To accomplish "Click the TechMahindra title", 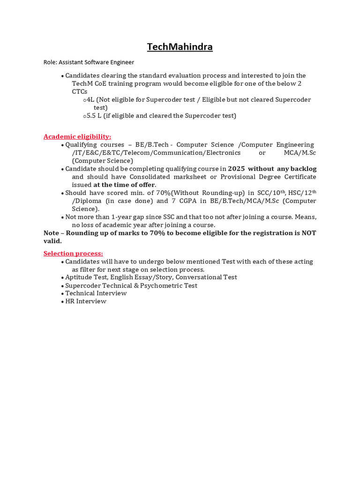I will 180,47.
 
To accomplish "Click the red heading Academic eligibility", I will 77,136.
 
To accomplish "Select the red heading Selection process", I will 73,254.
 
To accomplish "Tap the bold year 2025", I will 237,169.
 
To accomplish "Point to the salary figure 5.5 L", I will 95,115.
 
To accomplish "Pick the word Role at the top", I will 50,62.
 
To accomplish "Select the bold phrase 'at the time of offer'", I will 124,185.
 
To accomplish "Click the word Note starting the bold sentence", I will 52,233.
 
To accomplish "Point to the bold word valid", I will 52,241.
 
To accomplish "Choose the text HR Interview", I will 86,301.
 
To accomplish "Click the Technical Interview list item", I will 96,293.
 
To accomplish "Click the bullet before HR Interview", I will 62,301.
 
